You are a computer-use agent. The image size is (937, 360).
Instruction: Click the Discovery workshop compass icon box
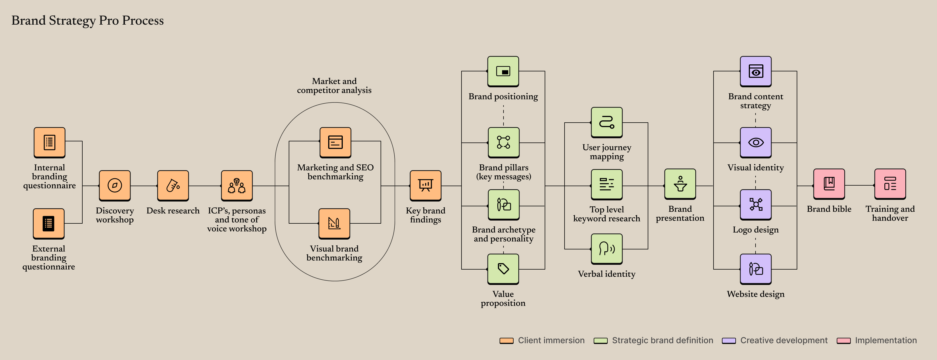pyautogui.click(x=115, y=185)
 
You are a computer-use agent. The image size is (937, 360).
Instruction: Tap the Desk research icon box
pyautogui.click(x=173, y=185)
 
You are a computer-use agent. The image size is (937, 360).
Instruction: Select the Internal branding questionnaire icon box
pyautogui.click(x=50, y=142)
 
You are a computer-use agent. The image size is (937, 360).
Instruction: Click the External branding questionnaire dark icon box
pyautogui.click(x=49, y=223)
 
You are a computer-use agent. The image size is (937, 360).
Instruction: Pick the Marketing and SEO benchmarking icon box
pyautogui.click(x=335, y=142)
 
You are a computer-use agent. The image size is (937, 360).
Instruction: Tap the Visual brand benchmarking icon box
pyautogui.click(x=334, y=223)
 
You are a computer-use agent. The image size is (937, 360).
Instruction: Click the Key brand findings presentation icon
pyautogui.click(x=425, y=185)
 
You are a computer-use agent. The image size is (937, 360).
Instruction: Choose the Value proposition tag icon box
pyautogui.click(x=503, y=269)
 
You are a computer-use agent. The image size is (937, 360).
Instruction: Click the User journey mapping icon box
pyautogui.click(x=606, y=122)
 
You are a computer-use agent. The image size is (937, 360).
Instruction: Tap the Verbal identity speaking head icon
pyautogui.click(x=606, y=249)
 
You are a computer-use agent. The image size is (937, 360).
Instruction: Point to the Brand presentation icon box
pyautogui.click(x=680, y=184)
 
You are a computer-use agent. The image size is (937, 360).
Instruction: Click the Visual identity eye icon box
pyautogui.click(x=756, y=142)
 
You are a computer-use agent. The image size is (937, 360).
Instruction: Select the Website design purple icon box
pyautogui.click(x=756, y=269)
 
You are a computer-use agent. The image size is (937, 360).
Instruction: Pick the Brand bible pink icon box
pyautogui.click(x=829, y=184)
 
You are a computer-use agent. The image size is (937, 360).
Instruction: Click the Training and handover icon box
pyautogui.click(x=890, y=184)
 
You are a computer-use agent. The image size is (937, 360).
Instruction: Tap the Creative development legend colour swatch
pyautogui.click(x=729, y=341)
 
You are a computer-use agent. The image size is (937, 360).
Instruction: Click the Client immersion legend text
pyautogui.click(x=551, y=340)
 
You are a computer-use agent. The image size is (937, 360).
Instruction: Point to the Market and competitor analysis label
pyautogui.click(x=334, y=85)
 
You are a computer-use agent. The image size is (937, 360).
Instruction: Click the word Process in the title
pyautogui.click(x=143, y=20)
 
